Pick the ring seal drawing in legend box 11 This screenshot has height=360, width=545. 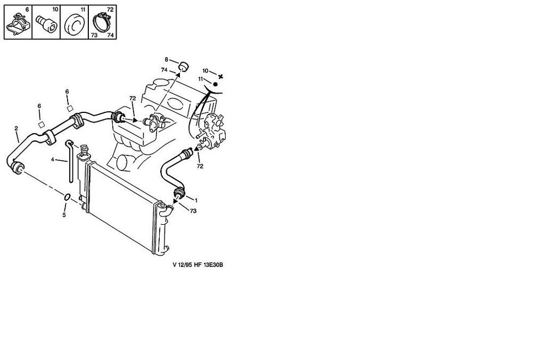[x=75, y=25]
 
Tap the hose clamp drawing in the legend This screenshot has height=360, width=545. [x=102, y=22]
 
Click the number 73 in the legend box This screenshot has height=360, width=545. [x=94, y=35]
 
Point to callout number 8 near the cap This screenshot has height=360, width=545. [x=166, y=59]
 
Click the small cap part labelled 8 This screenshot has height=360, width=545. [x=183, y=65]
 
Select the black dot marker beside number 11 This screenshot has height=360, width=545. [x=215, y=84]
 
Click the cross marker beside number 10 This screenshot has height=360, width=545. [x=220, y=76]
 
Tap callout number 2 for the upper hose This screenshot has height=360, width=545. [x=16, y=129]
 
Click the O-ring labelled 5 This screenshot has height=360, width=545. [x=67, y=197]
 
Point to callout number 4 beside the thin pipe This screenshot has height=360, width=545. [x=52, y=160]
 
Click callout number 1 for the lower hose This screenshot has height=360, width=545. [x=196, y=200]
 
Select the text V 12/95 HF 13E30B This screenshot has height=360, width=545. [x=198, y=265]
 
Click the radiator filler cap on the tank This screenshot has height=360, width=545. [x=84, y=149]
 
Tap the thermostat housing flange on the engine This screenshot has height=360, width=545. [x=154, y=122]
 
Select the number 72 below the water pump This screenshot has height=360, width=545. [x=200, y=166]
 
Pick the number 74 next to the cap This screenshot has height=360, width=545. [x=165, y=70]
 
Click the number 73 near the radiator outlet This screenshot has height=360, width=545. [x=193, y=211]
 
